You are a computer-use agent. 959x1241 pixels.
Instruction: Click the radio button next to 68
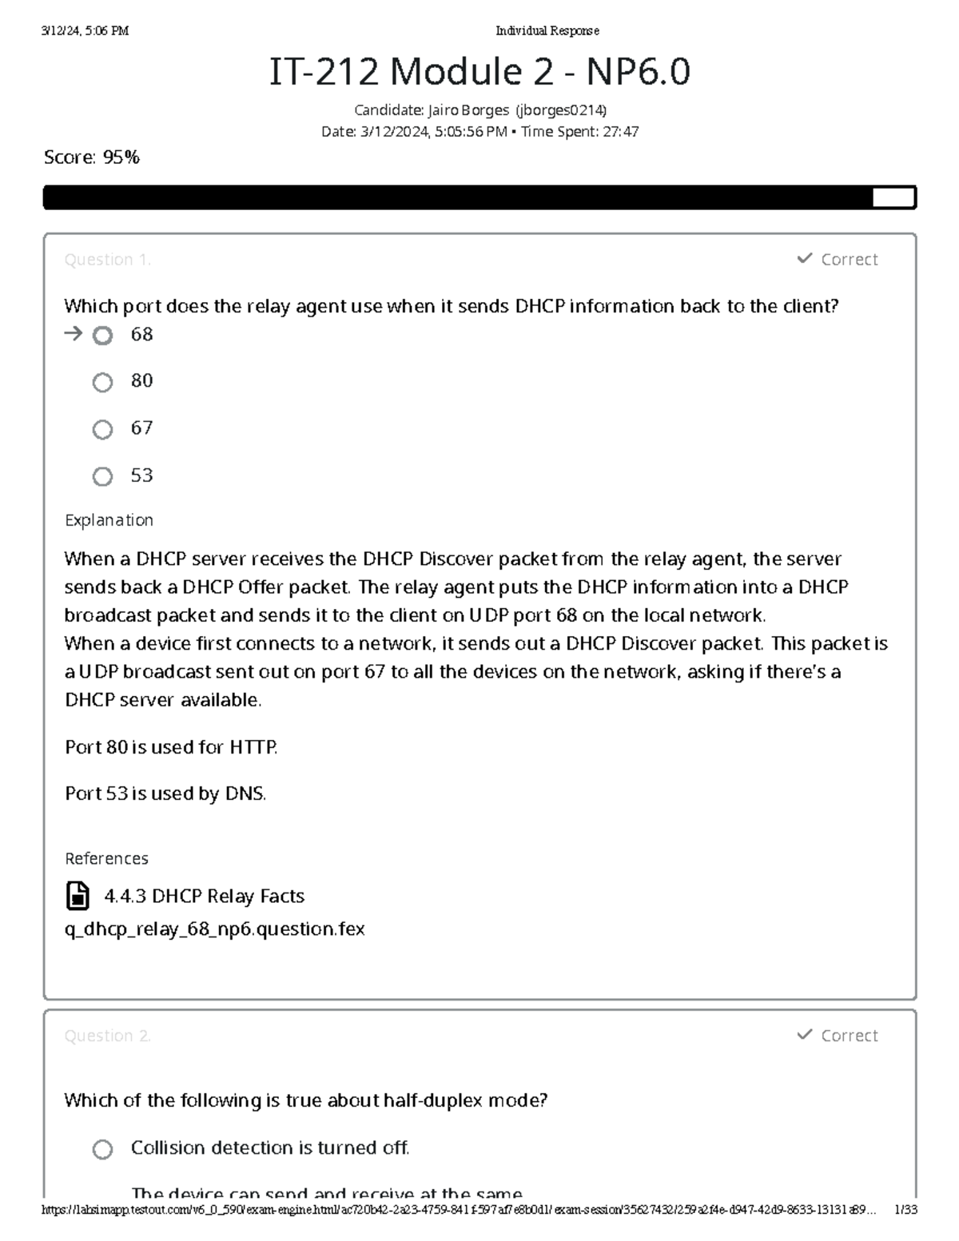pos(102,336)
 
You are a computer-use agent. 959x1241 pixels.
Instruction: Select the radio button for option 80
pos(102,383)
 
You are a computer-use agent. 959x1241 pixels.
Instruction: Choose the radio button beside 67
pos(102,430)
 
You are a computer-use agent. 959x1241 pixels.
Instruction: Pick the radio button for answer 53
pos(102,477)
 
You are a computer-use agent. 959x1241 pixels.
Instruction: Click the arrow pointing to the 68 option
pos(73,334)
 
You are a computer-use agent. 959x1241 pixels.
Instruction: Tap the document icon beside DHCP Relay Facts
pos(78,896)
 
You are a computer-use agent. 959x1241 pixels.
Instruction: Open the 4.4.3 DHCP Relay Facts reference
pos(204,896)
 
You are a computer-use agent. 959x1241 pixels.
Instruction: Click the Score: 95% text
pos(92,157)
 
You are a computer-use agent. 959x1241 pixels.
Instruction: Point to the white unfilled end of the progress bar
pos(893,197)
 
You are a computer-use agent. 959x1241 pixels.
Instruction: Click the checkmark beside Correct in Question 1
pos(804,258)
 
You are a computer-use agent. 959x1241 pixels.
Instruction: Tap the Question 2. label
pos(107,1036)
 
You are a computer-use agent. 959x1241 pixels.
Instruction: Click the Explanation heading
pos(109,520)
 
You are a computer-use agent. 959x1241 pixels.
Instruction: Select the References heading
pos(106,858)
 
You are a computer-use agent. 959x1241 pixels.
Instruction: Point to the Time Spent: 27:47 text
pos(579,132)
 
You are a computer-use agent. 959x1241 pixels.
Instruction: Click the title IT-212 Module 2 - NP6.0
pos(479,72)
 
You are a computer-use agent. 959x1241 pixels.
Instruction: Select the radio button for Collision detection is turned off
pos(102,1149)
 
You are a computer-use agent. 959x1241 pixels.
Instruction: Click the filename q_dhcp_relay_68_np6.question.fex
pos(214,929)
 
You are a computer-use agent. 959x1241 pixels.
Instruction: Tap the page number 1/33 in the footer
pos(905,1210)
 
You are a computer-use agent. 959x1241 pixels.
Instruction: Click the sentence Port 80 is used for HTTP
pos(171,747)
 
